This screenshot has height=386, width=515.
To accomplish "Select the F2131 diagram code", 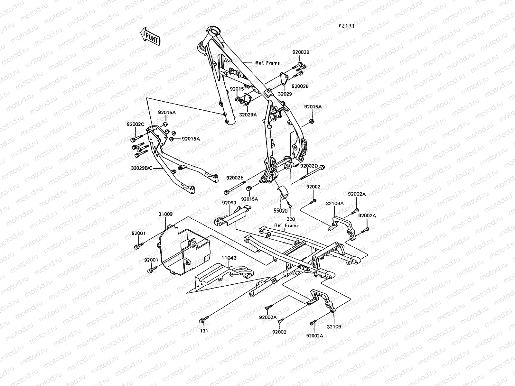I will [346, 26].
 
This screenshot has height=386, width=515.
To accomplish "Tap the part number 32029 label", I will [285, 94].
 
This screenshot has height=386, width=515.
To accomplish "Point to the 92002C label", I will [135, 124].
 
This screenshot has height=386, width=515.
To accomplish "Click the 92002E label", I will [235, 178].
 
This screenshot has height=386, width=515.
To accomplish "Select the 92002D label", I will [309, 166].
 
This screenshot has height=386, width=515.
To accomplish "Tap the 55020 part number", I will [281, 211].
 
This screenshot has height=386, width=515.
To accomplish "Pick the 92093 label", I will [229, 203].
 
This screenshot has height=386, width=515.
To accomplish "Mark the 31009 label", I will [165, 214].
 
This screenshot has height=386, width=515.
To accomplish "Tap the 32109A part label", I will [335, 204].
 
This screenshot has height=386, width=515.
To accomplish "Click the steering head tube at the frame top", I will [213, 32].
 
